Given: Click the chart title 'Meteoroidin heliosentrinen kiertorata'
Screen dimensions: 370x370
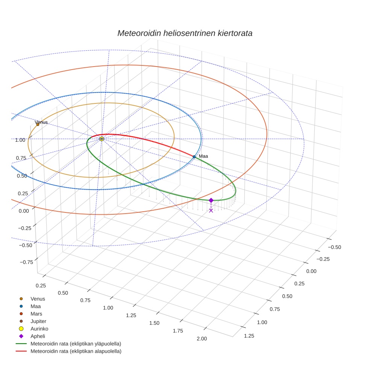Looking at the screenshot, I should (x=185, y=33).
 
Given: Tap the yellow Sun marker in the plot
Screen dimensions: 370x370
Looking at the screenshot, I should (x=102, y=139).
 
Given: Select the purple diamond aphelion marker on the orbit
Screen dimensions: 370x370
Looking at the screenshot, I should (x=211, y=200).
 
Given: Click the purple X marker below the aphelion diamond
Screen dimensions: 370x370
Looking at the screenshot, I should (x=211, y=211).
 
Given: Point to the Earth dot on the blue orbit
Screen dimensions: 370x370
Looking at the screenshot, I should (x=194, y=156).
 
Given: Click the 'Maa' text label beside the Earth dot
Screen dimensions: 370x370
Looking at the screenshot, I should (x=203, y=156).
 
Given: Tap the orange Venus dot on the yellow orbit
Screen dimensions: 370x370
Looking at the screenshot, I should (x=38, y=124).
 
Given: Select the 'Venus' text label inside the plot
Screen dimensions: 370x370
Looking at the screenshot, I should (x=41, y=122).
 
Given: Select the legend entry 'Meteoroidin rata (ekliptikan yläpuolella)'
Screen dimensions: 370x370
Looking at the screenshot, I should (x=76, y=344).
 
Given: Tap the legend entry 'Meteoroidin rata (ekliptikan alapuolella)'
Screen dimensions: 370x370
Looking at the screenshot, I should (x=76, y=351).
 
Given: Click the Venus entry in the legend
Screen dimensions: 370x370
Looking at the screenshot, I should (x=38, y=299).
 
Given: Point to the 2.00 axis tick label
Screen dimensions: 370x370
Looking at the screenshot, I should (x=202, y=339).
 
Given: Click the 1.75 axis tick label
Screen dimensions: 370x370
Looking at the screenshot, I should (x=177, y=331).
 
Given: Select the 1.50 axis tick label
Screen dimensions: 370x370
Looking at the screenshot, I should (x=154, y=323).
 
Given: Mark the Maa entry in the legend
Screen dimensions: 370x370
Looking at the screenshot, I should (x=35, y=306).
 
